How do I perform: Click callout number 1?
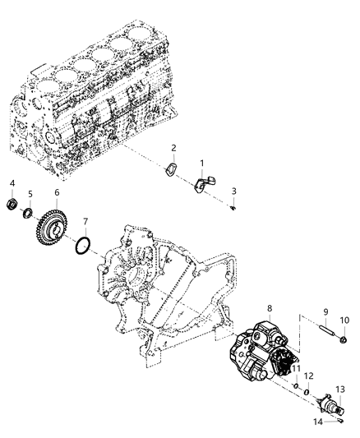click(202, 164)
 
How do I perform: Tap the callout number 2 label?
click(173, 148)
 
